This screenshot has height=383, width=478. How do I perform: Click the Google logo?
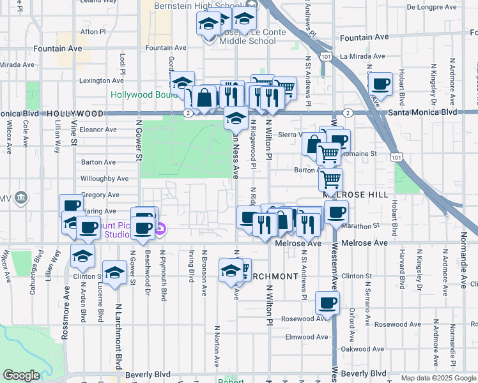coord(21,375)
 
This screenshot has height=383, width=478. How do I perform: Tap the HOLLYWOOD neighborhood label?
coord(75,113)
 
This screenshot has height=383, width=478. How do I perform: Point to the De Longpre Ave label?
coord(433,7)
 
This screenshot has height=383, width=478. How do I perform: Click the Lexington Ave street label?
coord(101,81)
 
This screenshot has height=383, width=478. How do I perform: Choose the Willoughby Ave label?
coord(105,179)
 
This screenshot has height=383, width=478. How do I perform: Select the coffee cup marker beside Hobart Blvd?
coord(381,84)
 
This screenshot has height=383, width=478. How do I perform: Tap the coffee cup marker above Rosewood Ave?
coord(327,303)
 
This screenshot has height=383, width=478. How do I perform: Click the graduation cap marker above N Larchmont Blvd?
coord(114,273)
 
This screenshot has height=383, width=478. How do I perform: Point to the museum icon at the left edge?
coord(22,197)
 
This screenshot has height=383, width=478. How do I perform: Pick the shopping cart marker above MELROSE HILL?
coord(330,179)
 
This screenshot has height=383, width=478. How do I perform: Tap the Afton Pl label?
coord(93,31)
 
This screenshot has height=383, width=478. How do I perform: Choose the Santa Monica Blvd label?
coord(423,112)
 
